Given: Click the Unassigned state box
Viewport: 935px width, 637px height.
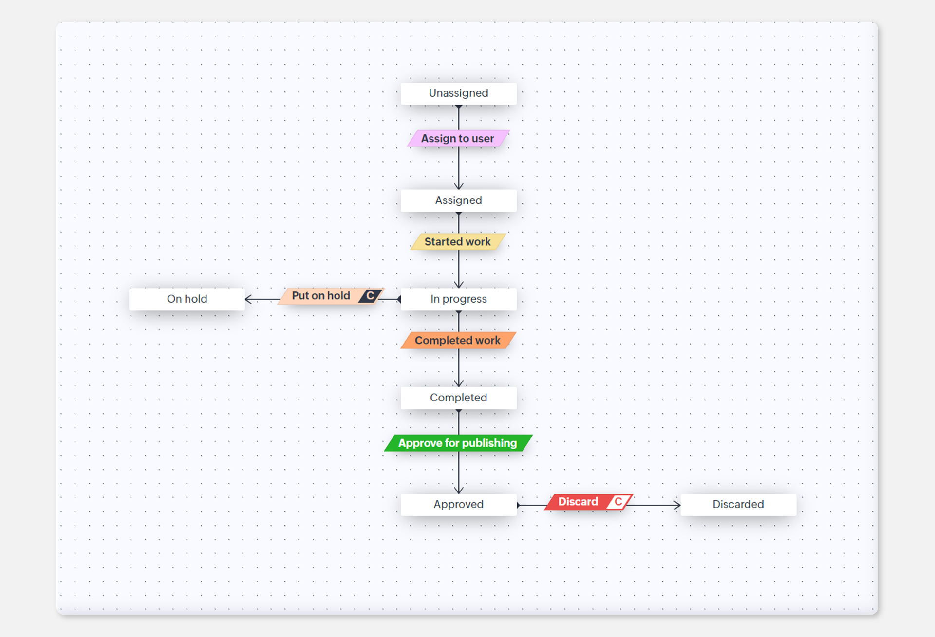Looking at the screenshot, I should tap(458, 93).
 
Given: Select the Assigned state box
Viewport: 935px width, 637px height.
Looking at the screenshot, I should tap(458, 200).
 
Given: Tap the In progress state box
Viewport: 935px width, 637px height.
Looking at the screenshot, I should tap(458, 299).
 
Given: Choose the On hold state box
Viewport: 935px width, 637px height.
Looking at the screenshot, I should tap(187, 299).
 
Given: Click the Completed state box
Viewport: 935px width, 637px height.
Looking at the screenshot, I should tap(458, 398).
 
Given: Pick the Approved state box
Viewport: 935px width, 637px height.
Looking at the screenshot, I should tap(458, 505).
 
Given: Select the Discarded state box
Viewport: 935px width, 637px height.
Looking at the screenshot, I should tap(738, 505).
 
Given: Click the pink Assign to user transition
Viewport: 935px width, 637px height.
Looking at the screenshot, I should tap(458, 139).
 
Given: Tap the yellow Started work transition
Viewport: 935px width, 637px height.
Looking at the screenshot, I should tap(458, 242).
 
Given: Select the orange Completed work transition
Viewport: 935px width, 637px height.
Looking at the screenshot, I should tap(458, 341).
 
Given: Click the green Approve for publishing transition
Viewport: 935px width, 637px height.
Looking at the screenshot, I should tap(458, 443).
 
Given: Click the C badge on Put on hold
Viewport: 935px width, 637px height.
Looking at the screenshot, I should tap(370, 296).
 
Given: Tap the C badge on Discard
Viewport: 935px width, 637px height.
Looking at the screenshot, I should tap(618, 502).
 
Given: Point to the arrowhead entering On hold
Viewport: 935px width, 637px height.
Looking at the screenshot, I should tap(248, 299).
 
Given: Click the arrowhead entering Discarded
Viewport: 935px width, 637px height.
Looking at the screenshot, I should tap(677, 505).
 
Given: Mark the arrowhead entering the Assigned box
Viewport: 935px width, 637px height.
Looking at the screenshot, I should tap(459, 186).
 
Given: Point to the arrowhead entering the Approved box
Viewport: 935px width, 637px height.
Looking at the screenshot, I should tap(459, 491).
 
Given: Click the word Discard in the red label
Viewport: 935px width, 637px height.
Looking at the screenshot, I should tap(578, 502).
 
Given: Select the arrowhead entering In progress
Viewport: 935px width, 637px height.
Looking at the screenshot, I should tap(459, 285).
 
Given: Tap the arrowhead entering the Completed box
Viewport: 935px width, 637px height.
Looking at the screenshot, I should tap(459, 384).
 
